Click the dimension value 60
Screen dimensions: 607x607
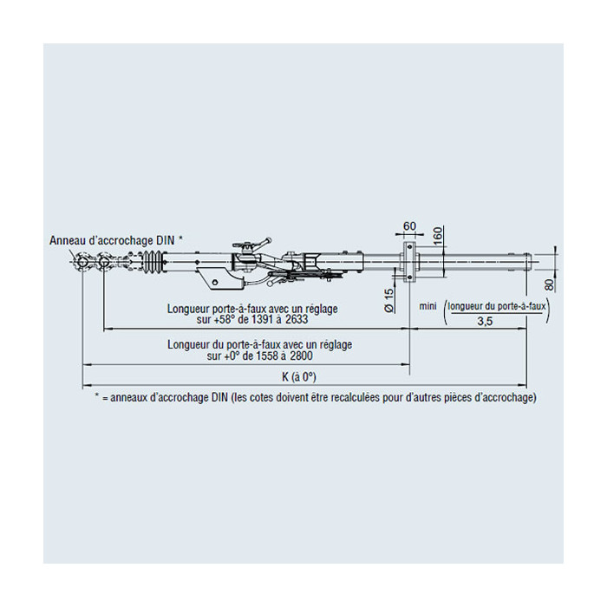409,226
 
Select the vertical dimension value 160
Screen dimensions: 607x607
437,236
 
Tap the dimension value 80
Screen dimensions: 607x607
550,285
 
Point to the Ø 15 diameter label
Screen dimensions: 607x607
389,301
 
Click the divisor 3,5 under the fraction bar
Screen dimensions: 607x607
485,322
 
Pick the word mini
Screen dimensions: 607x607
428,306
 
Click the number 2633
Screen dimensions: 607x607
297,319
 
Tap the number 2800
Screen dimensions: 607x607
301,356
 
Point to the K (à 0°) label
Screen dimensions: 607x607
299,376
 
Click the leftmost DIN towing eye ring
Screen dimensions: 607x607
82,263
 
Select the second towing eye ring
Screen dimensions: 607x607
104,263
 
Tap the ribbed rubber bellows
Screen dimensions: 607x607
153,262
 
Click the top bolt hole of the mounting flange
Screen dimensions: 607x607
409,246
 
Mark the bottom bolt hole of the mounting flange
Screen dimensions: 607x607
409,277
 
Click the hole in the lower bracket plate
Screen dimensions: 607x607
216,282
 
